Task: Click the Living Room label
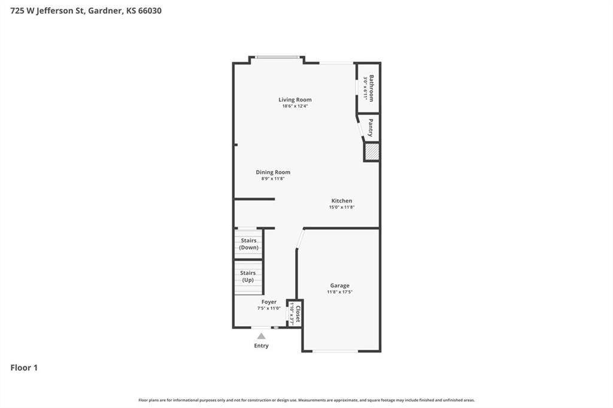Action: pyautogui.click(x=295, y=100)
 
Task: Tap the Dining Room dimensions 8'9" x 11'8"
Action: pyautogui.click(x=273, y=179)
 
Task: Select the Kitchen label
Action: pyautogui.click(x=342, y=201)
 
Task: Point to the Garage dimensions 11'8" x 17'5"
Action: pyautogui.click(x=340, y=292)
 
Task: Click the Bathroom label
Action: pyautogui.click(x=371, y=89)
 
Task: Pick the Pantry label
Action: pyautogui.click(x=371, y=128)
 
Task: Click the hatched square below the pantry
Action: pyautogui.click(x=371, y=152)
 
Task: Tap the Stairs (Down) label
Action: pyautogui.click(x=248, y=244)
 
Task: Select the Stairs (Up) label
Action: pyautogui.click(x=248, y=276)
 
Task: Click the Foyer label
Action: pyautogui.click(x=269, y=302)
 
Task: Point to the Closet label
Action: pyautogui.click(x=298, y=314)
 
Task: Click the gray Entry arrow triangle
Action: pyautogui.click(x=261, y=336)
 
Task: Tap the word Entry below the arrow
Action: pyautogui.click(x=261, y=346)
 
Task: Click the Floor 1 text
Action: pyautogui.click(x=24, y=368)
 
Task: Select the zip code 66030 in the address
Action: pyautogui.click(x=150, y=11)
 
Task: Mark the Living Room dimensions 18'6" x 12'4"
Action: pyautogui.click(x=295, y=106)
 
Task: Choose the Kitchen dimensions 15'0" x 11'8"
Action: pyautogui.click(x=342, y=208)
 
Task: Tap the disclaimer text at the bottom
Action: pyautogui.click(x=306, y=400)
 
